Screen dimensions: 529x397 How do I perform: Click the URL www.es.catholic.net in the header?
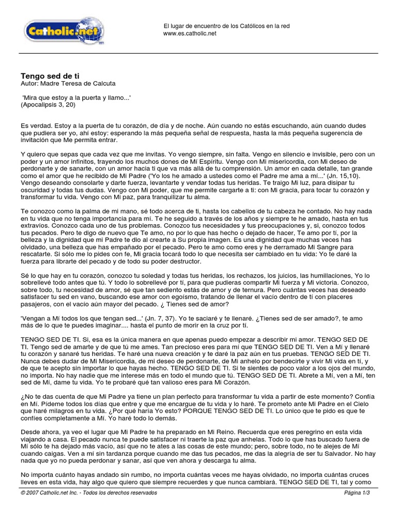(x=190, y=34)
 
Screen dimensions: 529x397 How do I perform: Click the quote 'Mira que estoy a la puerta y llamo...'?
(x=77, y=97)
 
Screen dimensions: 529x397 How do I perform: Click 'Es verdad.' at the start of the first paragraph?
(x=34, y=126)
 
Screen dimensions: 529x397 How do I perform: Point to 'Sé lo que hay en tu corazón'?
(x=58, y=276)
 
